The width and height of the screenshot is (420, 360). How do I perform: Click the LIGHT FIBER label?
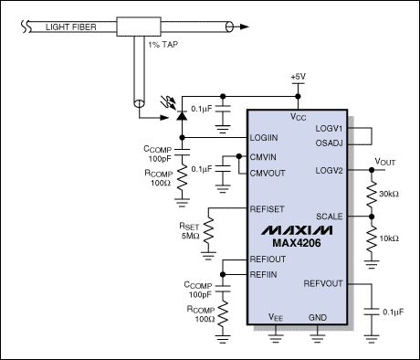point(71,27)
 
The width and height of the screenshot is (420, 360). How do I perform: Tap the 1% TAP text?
point(163,45)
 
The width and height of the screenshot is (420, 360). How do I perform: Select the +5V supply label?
point(299,77)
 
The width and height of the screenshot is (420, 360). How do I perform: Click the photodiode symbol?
point(182,116)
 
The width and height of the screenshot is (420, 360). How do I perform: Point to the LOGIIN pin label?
point(264,138)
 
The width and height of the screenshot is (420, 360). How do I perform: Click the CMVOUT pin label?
point(268,173)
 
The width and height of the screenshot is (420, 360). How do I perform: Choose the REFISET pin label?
point(267,209)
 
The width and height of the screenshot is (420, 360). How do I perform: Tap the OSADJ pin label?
point(329,143)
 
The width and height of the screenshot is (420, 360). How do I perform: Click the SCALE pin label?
point(330,217)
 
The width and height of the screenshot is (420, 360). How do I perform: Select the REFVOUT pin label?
point(323,283)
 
